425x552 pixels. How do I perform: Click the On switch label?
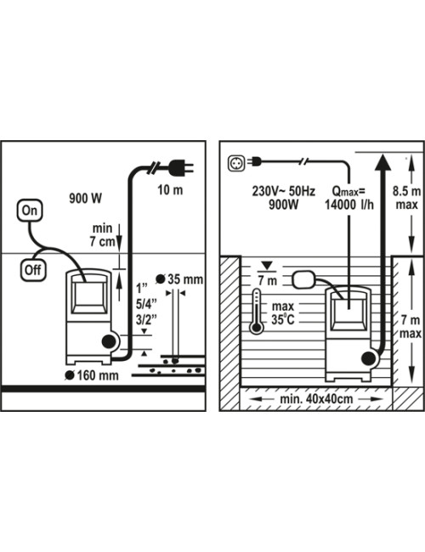coord(30,211)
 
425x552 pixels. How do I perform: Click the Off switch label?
coord(33,270)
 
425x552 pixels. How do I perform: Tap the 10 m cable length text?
coord(170,190)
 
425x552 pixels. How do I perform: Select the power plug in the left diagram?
coord(181,167)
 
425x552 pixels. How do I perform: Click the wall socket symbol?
coord(235,163)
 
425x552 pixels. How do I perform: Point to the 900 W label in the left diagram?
coord(86,198)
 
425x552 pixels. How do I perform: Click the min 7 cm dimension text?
coord(102,235)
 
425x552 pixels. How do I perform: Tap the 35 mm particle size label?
coord(179,279)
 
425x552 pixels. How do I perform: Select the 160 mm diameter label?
coord(93,375)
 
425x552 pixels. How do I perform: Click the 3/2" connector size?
coord(146,320)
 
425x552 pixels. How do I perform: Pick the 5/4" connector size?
coord(146,304)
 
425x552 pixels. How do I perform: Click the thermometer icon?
coord(256,312)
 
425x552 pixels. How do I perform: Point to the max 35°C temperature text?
coord(283,313)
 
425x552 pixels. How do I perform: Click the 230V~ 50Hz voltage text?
coord(283,191)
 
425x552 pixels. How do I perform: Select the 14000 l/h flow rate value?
coord(348,205)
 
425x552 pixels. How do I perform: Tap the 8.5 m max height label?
coord(406,198)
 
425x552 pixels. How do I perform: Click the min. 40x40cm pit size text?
coord(316,399)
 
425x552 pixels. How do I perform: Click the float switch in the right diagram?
coord(303,279)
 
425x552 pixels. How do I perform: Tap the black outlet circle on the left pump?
coord(109,341)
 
